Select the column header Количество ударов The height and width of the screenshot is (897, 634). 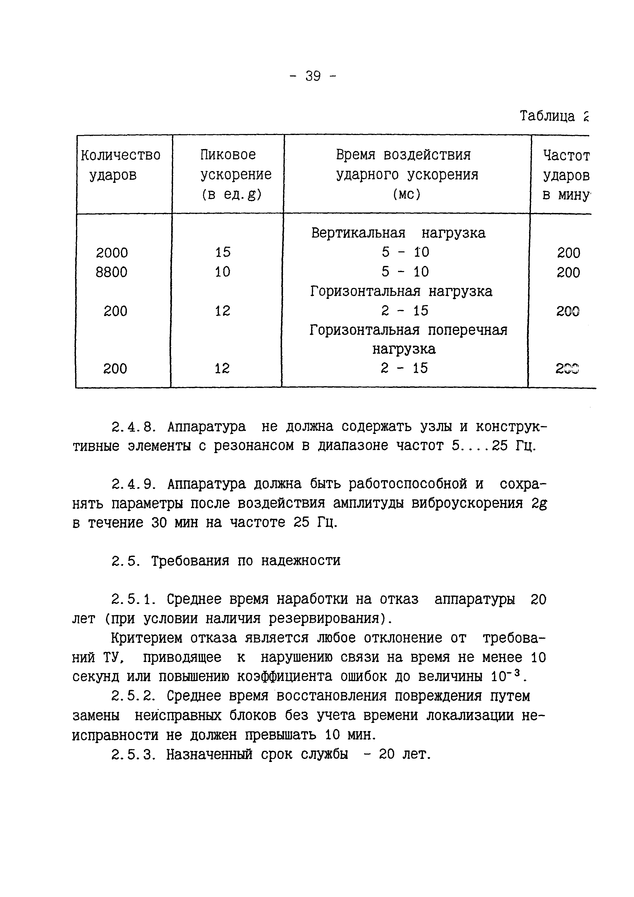tap(120, 165)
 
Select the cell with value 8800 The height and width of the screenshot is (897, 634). tap(112, 272)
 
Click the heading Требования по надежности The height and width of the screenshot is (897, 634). tap(246, 561)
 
